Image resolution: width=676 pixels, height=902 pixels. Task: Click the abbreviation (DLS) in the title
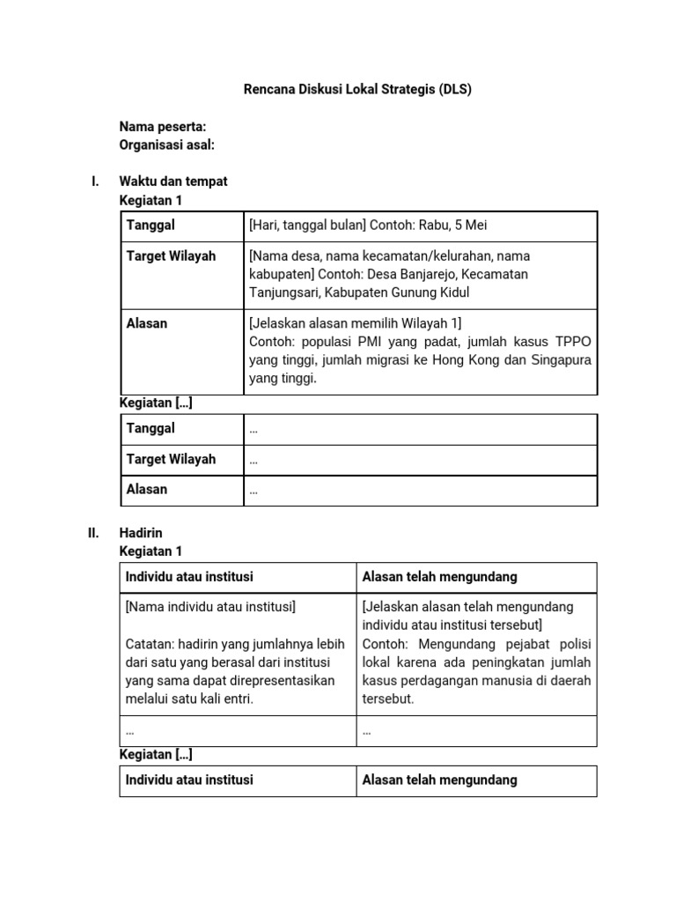coord(455,90)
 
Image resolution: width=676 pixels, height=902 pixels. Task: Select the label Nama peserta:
coord(163,127)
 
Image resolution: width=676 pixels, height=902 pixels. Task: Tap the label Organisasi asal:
coord(167,144)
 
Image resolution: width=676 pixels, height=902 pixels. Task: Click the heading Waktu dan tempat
coord(173,181)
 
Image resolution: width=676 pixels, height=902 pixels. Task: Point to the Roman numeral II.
coord(92,533)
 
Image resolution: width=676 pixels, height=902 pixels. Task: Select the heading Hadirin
coord(141,533)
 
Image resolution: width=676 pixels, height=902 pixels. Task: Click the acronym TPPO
coord(572,342)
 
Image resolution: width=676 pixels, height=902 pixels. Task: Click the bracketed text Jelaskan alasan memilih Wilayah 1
coord(356,323)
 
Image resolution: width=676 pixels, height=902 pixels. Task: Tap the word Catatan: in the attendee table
coord(150,644)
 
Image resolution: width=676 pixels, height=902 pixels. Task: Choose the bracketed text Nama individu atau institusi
coord(211,607)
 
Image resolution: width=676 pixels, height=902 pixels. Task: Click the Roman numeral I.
coord(94,181)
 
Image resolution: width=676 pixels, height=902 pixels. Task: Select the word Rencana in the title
coord(268,90)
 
